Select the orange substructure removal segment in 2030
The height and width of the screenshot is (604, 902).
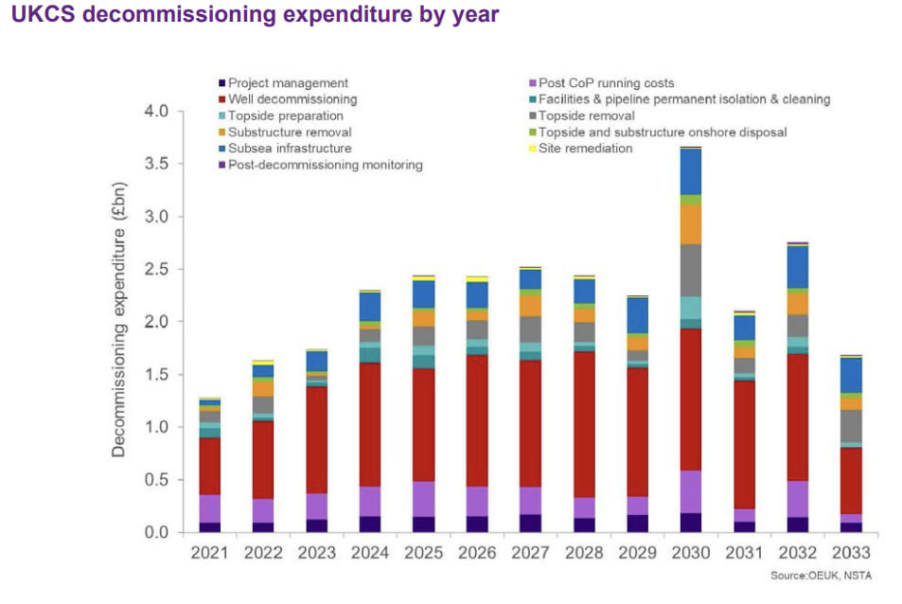coord(691,224)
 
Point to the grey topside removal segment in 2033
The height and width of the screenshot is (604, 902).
coord(852,426)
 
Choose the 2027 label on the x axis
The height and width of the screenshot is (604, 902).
coord(531,551)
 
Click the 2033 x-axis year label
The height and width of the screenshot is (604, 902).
coord(852,551)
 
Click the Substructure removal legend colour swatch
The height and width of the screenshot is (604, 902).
coord(221,133)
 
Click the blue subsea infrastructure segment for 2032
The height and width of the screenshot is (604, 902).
coord(798,267)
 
